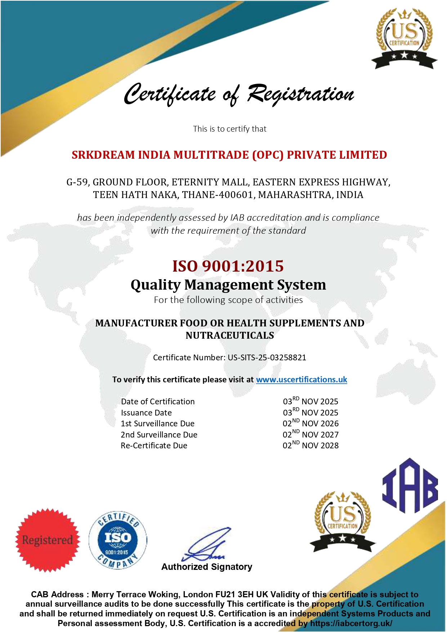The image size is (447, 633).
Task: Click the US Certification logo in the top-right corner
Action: coord(404,38)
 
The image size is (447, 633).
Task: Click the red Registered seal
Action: coord(48,540)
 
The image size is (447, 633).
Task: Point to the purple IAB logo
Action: coord(410,485)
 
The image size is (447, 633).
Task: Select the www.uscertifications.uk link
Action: coord(301,379)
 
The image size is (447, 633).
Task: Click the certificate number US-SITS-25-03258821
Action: coord(267,357)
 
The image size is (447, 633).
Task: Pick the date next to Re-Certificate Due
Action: coord(310,445)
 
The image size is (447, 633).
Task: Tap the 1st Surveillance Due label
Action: coord(157,423)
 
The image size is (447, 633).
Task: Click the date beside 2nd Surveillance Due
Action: coord(310,434)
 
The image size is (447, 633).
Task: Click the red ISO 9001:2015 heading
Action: coord(228,266)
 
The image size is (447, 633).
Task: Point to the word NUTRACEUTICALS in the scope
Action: coord(230,335)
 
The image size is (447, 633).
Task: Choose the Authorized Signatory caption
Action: coord(207,567)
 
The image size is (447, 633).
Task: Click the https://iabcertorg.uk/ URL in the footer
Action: coord(351,623)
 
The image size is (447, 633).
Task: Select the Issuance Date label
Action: coord(146,413)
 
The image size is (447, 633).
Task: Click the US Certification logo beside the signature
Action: coord(343,521)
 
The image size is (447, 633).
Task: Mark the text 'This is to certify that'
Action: coord(229,129)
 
